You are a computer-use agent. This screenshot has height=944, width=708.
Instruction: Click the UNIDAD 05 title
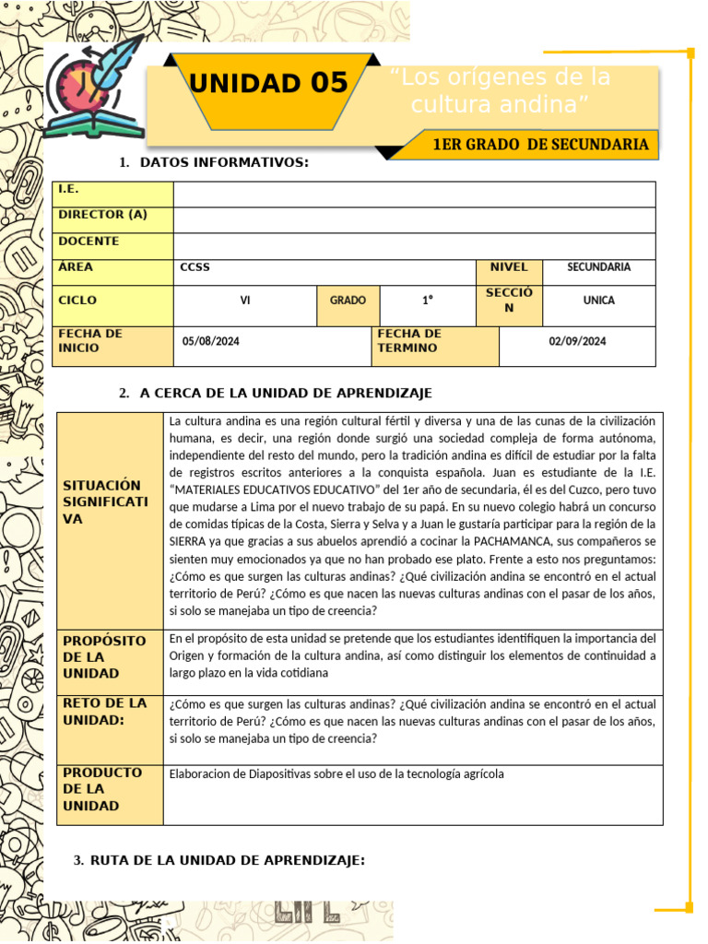pyautogui.click(x=268, y=84)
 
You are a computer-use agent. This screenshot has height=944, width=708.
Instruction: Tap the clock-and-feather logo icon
pyautogui.click(x=92, y=88)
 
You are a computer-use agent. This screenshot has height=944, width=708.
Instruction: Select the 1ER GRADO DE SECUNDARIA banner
pyautogui.click(x=540, y=144)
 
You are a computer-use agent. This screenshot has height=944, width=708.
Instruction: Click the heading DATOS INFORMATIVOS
pyautogui.click(x=223, y=163)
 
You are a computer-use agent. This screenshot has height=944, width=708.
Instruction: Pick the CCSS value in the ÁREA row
pyautogui.click(x=195, y=267)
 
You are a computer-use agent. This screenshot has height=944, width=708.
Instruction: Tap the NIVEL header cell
pyautogui.click(x=508, y=267)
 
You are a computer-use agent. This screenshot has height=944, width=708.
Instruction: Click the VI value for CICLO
pyautogui.click(x=245, y=301)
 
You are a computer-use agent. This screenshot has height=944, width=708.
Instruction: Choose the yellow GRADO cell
pyautogui.click(x=348, y=301)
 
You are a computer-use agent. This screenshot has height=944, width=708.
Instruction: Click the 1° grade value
pyautogui.click(x=428, y=301)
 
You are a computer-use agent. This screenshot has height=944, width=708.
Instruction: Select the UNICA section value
pyautogui.click(x=598, y=301)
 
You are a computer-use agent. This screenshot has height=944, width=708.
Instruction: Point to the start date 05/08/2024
pyautogui.click(x=211, y=341)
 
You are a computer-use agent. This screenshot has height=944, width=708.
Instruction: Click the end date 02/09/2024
pyautogui.click(x=577, y=341)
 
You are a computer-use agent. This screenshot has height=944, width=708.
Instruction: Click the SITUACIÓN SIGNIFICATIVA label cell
pyautogui.click(x=108, y=502)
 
